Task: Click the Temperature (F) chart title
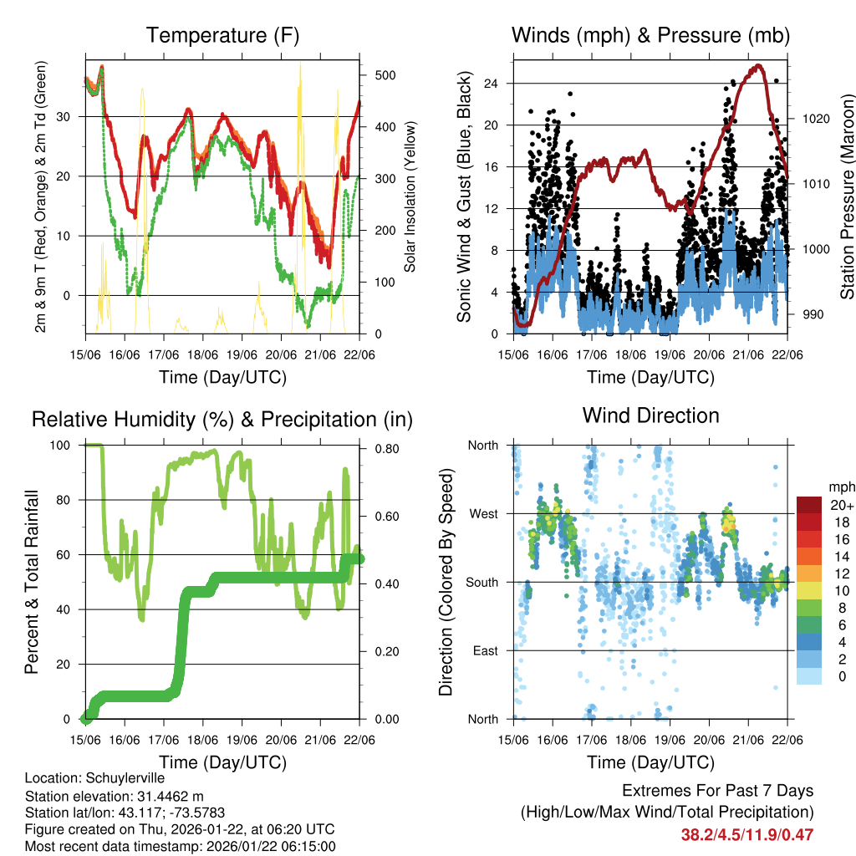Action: (x=222, y=35)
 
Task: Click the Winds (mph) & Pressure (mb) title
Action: (x=650, y=35)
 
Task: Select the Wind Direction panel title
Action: (x=650, y=415)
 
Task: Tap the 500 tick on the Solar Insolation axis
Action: (x=385, y=75)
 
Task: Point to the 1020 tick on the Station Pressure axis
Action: (x=817, y=119)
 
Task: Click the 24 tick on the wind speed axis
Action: (x=492, y=84)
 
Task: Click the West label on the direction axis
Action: (x=482, y=513)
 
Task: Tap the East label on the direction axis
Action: (x=484, y=650)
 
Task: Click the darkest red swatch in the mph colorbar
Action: (x=809, y=505)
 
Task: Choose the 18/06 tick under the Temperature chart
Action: (x=203, y=354)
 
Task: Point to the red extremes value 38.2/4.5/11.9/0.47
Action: (x=747, y=834)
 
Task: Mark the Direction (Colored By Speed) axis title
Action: (x=446, y=582)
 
